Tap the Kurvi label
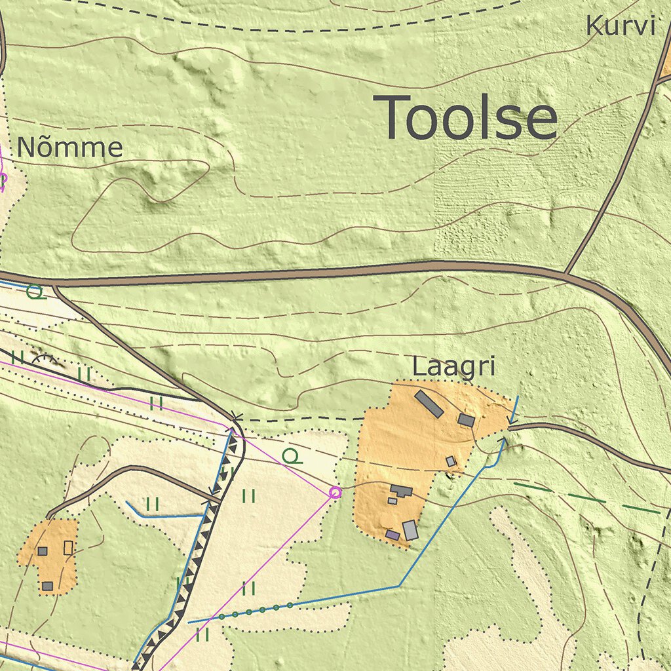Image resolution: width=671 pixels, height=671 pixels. (620, 26)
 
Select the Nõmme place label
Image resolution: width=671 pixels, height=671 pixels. (69, 147)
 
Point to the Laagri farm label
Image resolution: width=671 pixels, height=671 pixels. (453, 368)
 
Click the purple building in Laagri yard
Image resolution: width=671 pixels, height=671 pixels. (393, 535)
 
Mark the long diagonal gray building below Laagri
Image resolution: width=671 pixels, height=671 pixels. (429, 404)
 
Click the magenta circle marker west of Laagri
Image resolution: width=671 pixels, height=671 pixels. (335, 492)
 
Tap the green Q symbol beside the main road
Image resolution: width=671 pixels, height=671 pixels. (36, 292)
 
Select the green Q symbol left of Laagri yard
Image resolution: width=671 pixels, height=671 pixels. (292, 457)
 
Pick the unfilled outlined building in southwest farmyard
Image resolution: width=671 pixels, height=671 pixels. (68, 548)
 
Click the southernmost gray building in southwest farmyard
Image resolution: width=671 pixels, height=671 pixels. (47, 586)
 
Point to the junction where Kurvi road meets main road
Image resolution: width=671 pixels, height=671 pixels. (567, 273)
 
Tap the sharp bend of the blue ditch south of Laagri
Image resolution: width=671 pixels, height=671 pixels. (399, 585)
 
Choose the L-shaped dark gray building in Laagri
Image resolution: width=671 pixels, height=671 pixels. (402, 490)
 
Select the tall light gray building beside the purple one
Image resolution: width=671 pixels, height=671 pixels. (410, 529)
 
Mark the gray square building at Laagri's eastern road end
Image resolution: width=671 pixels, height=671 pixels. (466, 420)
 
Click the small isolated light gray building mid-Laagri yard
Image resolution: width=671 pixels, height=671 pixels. (451, 461)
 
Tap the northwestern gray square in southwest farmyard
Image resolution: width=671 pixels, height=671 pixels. (43, 551)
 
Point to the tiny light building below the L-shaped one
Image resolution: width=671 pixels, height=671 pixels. (392, 501)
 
